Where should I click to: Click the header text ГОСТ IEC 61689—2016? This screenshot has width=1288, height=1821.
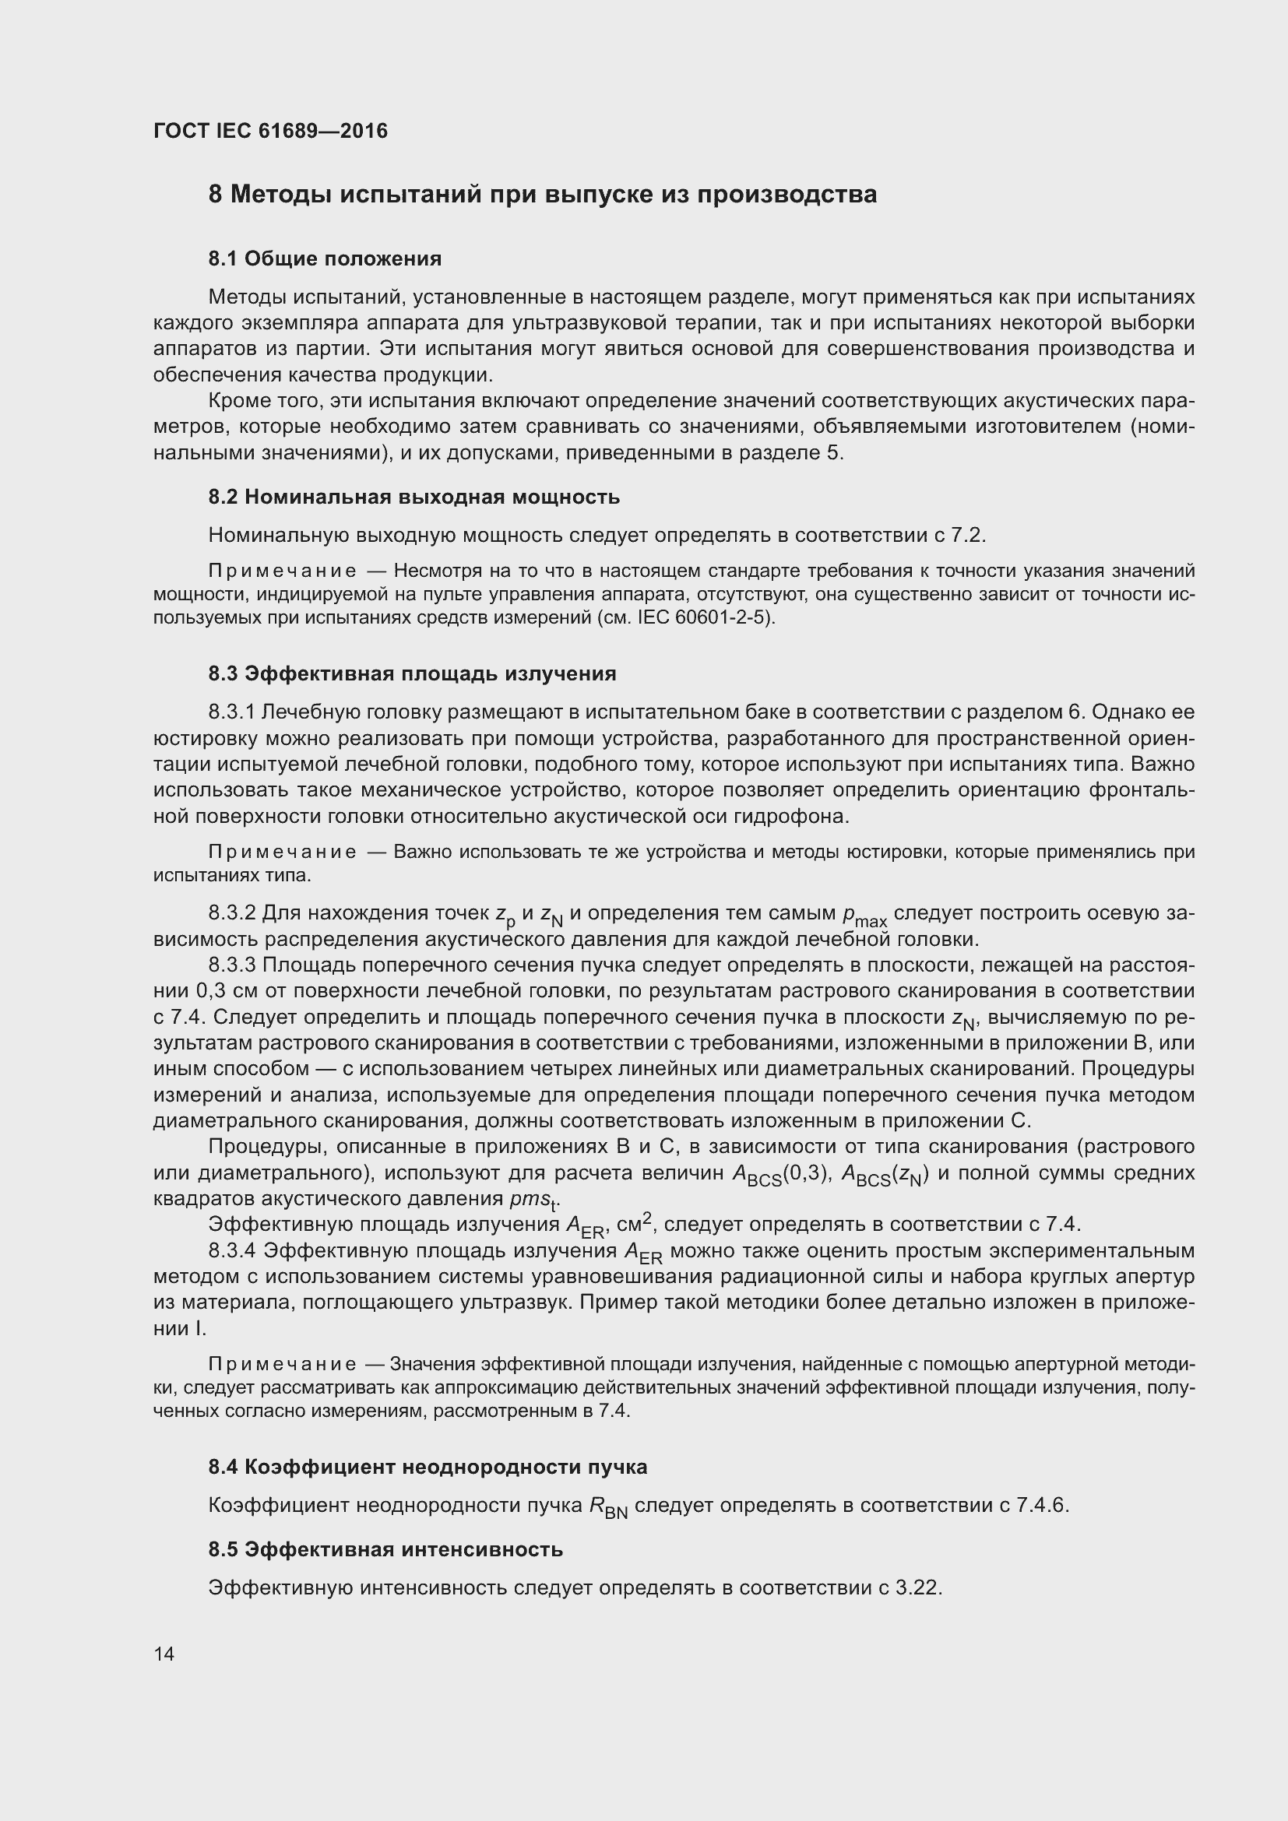coord(270,131)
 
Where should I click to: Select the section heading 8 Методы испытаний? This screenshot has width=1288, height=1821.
coord(543,195)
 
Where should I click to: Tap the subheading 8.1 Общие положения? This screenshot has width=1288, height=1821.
coord(326,258)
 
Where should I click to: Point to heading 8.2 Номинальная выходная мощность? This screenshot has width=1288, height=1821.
coord(414,497)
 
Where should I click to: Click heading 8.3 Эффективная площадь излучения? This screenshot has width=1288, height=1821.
coord(413,673)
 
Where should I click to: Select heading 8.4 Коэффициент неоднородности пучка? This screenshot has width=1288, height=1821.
coord(428,1467)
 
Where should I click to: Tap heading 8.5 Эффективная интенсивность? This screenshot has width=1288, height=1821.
coord(385,1549)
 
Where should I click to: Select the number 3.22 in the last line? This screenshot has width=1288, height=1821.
coord(917,1587)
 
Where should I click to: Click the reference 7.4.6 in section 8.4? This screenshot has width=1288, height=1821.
coord(1040,1505)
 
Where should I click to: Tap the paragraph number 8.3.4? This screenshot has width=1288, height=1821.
coord(232,1251)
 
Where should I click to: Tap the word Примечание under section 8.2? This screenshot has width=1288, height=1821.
coord(282,571)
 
